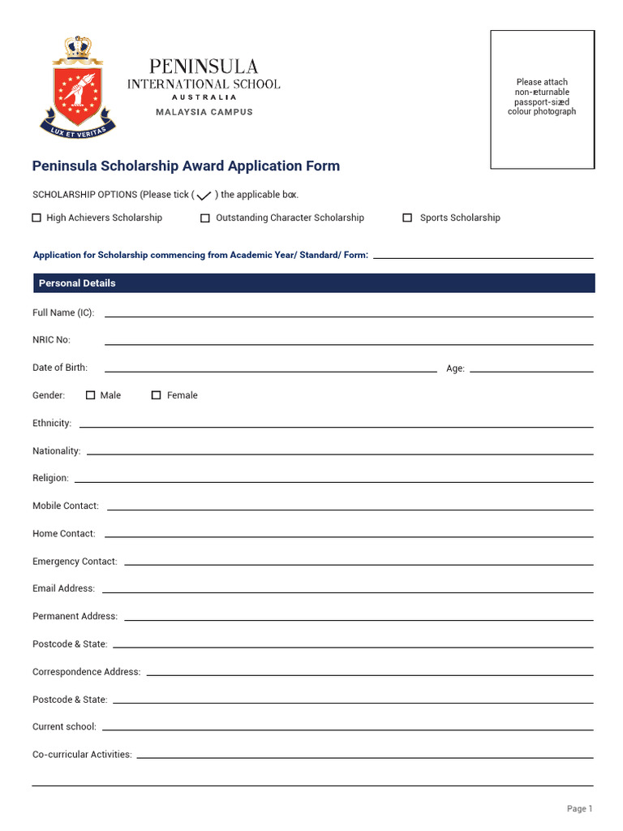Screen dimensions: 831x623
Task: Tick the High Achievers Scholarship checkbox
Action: (x=37, y=217)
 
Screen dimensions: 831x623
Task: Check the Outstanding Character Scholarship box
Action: (x=205, y=217)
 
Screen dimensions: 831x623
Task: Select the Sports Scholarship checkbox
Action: (x=408, y=217)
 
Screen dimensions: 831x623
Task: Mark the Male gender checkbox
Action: (x=91, y=395)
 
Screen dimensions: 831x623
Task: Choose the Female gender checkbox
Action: (x=157, y=395)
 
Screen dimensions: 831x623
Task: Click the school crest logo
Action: (x=78, y=87)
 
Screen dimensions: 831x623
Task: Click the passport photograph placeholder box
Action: (x=542, y=99)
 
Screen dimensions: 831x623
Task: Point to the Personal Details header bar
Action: (x=313, y=283)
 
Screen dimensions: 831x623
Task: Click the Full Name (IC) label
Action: (x=63, y=312)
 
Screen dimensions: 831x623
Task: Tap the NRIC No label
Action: (x=51, y=340)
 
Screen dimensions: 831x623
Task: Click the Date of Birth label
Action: (x=60, y=368)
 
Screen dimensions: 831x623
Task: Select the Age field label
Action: (x=455, y=368)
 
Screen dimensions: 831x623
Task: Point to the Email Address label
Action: (x=63, y=588)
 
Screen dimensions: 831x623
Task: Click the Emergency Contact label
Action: (x=75, y=561)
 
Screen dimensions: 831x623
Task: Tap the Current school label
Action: (x=64, y=726)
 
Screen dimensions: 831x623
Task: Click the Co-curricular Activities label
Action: (x=82, y=754)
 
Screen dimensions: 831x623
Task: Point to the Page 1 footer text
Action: (x=580, y=808)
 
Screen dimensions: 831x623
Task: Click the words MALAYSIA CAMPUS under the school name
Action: (x=204, y=112)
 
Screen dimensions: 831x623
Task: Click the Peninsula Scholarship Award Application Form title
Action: (x=186, y=166)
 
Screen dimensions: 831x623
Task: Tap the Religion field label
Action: (x=50, y=478)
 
